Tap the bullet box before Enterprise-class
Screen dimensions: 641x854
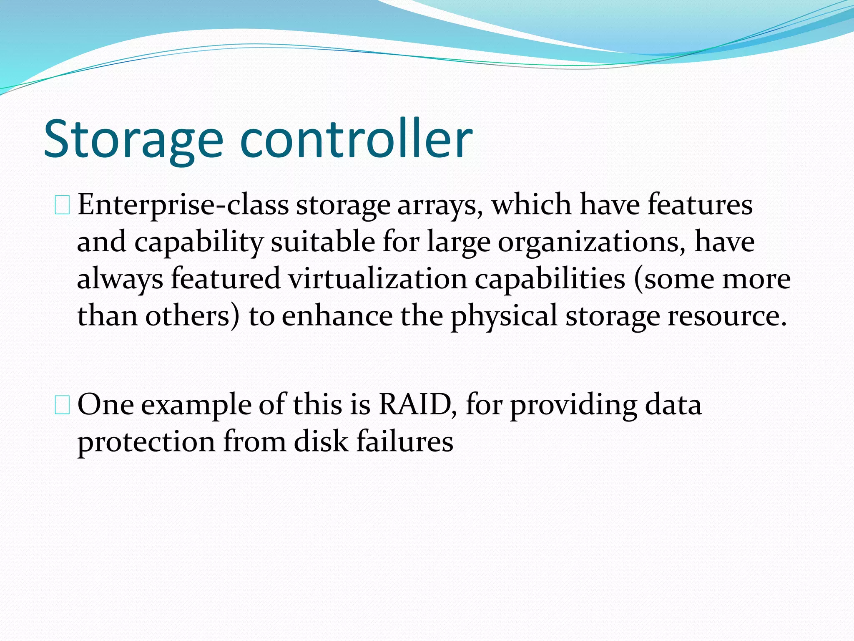62,206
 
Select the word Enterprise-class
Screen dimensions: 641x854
183,205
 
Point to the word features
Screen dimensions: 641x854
700,204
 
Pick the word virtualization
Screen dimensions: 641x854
378,279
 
